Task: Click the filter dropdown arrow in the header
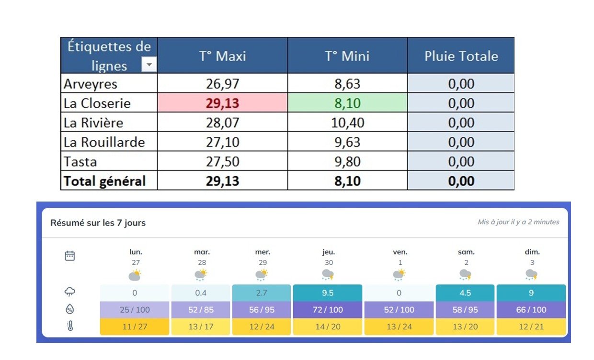pos(149,64)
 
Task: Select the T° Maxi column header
pos(222,56)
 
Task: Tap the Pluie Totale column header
pos(461,56)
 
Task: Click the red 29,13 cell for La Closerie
pos(222,103)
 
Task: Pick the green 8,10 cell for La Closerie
pos(347,103)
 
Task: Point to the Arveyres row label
pos(91,84)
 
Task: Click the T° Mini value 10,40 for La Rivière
pos(347,123)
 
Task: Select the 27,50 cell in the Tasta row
pos(222,161)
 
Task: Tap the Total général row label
pos(104,181)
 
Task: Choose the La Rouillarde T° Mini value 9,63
pos(347,142)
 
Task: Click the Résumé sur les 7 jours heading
pos(98,223)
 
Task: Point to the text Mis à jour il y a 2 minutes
pos(518,222)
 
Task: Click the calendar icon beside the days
pos(70,256)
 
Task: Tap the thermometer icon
pos(70,326)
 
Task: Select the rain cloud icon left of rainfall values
pos(70,292)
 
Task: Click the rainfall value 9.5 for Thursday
pos(328,292)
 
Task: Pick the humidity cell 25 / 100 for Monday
pos(135,310)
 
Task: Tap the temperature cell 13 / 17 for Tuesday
pos(201,326)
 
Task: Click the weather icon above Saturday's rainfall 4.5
pos(466,275)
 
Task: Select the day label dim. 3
pos(532,257)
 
